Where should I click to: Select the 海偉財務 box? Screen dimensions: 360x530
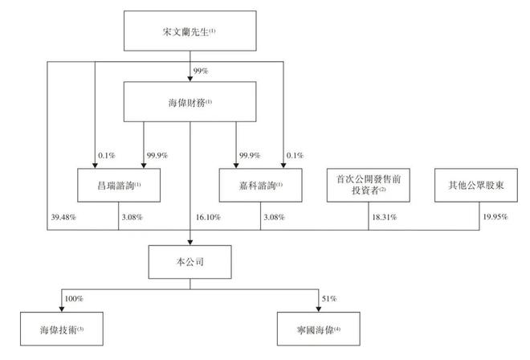pos(190,101)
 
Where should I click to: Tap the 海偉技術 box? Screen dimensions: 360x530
pos(62,329)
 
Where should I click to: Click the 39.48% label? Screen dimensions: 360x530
pos(63,216)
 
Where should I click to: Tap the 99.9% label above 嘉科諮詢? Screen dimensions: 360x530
pos(250,154)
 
